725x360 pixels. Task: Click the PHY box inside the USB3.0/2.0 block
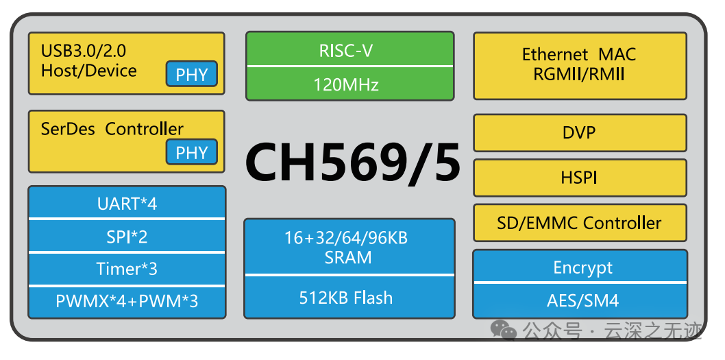[191, 74]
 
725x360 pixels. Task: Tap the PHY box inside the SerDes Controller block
[191, 152]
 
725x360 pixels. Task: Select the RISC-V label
[349, 50]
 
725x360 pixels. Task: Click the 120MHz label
[349, 84]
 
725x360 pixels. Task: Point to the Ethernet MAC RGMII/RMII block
[579, 64]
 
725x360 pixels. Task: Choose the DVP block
[579, 132]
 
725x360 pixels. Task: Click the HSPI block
[579, 178]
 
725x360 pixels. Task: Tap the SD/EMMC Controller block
[579, 223]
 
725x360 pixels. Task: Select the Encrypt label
[579, 267]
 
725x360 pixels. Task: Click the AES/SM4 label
[579, 300]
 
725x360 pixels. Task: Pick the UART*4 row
[127, 203]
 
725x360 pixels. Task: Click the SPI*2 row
[127, 236]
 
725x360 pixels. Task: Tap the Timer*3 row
[127, 269]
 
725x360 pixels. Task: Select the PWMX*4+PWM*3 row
[127, 301]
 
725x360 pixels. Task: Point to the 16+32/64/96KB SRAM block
[349, 248]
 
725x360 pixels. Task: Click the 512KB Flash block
[349, 298]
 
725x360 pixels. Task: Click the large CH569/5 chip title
[352, 162]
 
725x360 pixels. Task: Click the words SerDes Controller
[112, 129]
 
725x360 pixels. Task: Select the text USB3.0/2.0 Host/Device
[88, 60]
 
